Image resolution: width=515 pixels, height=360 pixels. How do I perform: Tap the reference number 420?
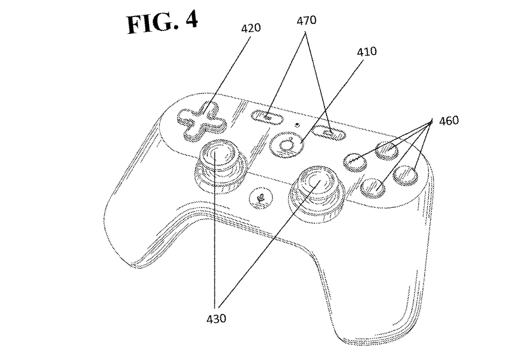click(x=251, y=28)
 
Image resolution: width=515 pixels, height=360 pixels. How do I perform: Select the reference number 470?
click(x=306, y=21)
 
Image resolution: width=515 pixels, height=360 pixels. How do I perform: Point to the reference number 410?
click(x=367, y=51)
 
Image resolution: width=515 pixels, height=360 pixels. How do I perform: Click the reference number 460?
click(x=449, y=121)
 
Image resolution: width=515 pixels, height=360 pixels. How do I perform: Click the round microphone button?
click(x=261, y=197)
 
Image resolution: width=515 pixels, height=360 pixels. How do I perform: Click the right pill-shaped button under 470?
click(x=330, y=133)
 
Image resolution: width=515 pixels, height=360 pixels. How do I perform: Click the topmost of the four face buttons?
click(x=387, y=150)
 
